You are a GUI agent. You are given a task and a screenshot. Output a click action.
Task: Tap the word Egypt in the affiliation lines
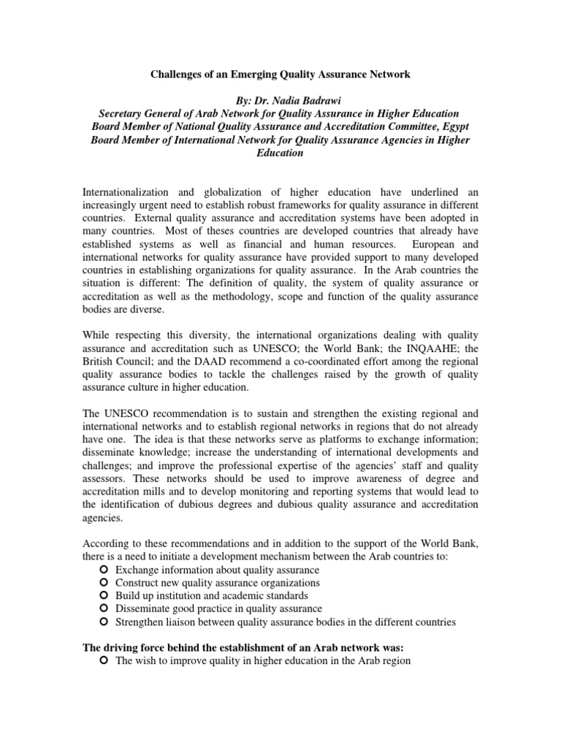coord(450,126)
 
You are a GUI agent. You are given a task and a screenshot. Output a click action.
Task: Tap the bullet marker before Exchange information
coord(104,569)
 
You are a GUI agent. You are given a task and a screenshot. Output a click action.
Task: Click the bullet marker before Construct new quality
coord(104,582)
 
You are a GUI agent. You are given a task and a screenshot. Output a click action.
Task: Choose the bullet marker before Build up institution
coord(104,595)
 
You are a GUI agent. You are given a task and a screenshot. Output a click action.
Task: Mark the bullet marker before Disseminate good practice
coord(104,608)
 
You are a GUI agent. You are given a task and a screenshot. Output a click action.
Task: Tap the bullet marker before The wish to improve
coord(104,661)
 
